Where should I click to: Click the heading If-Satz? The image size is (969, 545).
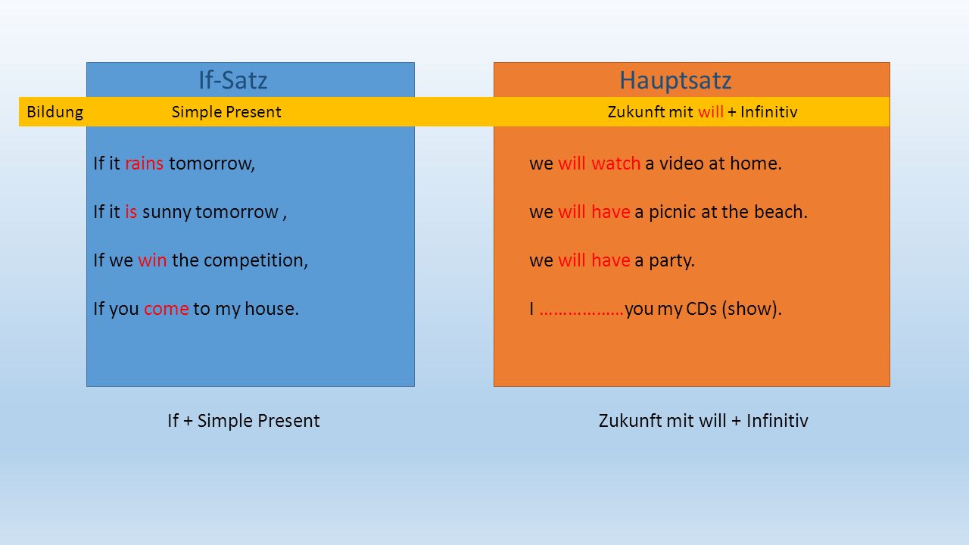pyautogui.click(x=232, y=80)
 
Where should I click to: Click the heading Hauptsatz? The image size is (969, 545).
pyautogui.click(x=675, y=81)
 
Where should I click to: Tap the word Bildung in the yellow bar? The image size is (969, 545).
pyautogui.click(x=55, y=112)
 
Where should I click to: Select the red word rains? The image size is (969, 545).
pyautogui.click(x=144, y=163)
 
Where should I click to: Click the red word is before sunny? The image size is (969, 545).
pyautogui.click(x=131, y=212)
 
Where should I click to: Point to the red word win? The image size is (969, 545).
pyautogui.click(x=152, y=260)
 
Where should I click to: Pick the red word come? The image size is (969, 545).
pyautogui.click(x=166, y=309)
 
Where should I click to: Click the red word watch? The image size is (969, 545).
pyautogui.click(x=615, y=163)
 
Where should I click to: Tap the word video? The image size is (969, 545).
pyautogui.click(x=681, y=163)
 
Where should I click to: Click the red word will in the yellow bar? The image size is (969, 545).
pyautogui.click(x=711, y=112)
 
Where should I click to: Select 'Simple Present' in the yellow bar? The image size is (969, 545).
pyautogui.click(x=226, y=112)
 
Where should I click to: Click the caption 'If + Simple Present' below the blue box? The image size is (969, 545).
pyautogui.click(x=244, y=421)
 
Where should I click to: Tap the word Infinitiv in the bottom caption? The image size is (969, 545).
pyautogui.click(x=777, y=421)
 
